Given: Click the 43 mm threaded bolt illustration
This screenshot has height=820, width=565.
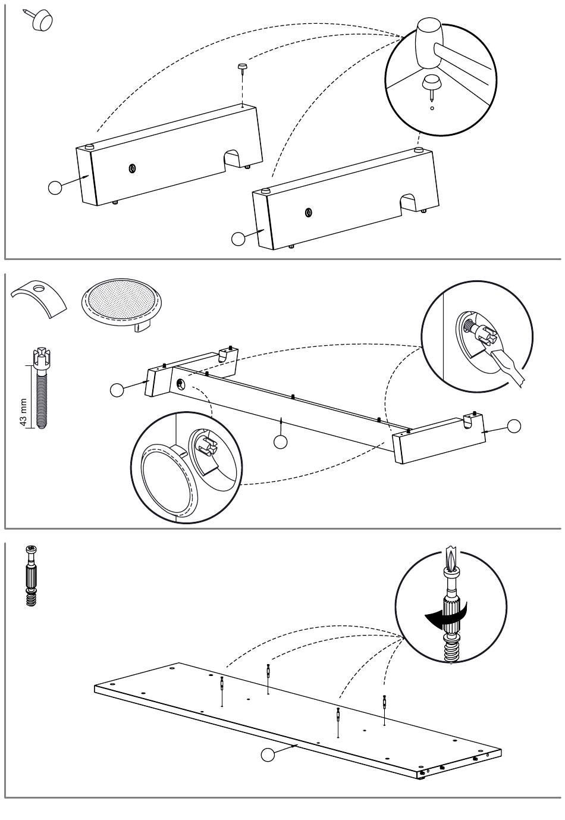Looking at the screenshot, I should click(x=40, y=387).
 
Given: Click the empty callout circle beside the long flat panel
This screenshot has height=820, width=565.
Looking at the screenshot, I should click(x=268, y=755).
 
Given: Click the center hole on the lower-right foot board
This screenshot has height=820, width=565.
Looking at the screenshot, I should click(x=308, y=212).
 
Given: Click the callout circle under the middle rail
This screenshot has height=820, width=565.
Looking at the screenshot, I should click(x=280, y=441).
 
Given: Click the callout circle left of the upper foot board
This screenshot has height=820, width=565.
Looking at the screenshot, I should click(x=55, y=187).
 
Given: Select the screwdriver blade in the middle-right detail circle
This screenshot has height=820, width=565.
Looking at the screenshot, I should click(x=508, y=369).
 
